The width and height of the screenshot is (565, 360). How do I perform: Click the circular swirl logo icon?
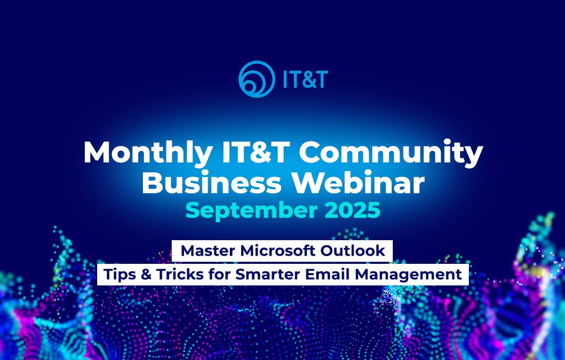(257, 79)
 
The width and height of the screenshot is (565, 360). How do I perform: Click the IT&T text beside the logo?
(305, 80)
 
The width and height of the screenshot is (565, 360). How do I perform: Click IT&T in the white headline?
(256, 152)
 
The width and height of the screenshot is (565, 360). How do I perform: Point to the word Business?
(211, 183)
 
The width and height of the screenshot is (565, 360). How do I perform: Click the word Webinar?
(358, 183)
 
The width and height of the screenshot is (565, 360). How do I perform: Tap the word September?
(251, 211)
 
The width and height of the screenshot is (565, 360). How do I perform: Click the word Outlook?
(352, 251)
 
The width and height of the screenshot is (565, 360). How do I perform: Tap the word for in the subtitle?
(220, 274)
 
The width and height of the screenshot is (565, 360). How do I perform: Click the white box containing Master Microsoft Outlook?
(282, 251)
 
